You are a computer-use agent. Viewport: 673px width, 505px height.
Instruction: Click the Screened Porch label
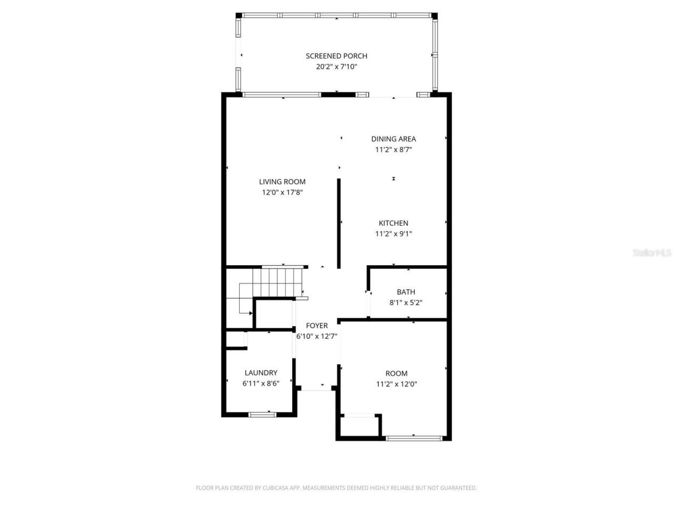tap(336, 56)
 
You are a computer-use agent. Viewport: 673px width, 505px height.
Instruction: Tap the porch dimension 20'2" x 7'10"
tap(336, 67)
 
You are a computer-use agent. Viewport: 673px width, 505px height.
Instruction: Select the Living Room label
tap(282, 181)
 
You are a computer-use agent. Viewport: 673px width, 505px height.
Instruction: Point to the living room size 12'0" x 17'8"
tap(282, 193)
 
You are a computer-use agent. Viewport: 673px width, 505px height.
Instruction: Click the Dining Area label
tap(393, 139)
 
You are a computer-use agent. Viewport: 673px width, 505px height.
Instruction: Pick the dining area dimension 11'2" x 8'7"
tap(393, 149)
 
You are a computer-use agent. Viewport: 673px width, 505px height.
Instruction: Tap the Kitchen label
tap(393, 223)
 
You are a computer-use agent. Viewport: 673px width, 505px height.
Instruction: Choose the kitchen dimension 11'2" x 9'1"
tap(393, 234)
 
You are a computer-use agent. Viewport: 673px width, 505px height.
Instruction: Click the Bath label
tap(406, 292)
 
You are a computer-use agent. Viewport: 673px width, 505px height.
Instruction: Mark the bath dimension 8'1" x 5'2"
tap(406, 302)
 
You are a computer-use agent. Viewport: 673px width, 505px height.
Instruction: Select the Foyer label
tap(317, 326)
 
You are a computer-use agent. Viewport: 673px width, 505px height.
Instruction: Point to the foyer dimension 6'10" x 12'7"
tap(317, 336)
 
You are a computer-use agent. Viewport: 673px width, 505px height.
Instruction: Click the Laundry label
tap(261, 373)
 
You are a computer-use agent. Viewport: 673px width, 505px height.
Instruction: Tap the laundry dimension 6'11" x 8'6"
tap(261, 383)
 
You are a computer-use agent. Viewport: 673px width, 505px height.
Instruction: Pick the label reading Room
tap(396, 373)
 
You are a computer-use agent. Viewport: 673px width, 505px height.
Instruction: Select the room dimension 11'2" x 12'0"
tap(396, 384)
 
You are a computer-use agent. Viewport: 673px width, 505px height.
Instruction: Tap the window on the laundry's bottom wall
tap(262, 415)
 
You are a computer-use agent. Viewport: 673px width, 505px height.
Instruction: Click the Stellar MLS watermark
tap(652, 253)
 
